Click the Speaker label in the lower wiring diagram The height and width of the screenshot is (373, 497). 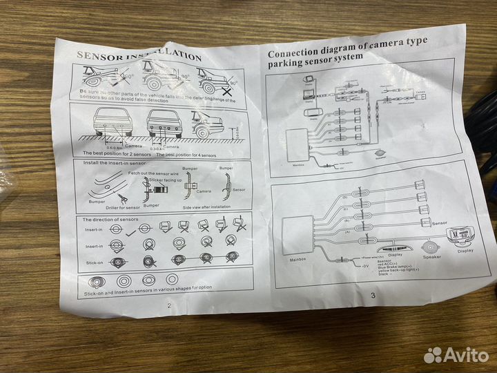432,256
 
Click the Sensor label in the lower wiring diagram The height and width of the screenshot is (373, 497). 440,224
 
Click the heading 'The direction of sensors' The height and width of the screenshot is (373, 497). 113,219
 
